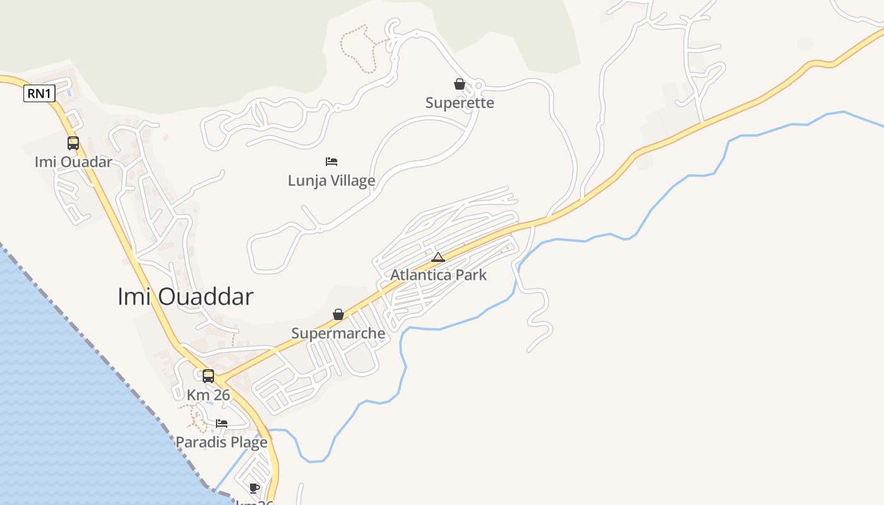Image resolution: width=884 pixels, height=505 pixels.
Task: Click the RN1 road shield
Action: (40, 94)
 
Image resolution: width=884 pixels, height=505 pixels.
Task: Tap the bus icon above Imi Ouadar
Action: (73, 143)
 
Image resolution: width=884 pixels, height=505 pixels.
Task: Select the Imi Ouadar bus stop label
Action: (73, 162)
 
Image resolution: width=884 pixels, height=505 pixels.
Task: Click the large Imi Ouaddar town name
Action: (186, 296)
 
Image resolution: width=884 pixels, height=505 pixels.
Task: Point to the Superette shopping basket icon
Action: (460, 84)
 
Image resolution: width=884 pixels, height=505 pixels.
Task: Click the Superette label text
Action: (460, 103)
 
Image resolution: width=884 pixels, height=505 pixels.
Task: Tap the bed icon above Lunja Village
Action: (331, 162)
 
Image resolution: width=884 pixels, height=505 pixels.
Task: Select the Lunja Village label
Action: (331, 181)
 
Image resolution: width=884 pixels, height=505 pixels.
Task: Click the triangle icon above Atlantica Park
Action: (438, 257)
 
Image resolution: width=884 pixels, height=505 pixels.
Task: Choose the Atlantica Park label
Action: (438, 275)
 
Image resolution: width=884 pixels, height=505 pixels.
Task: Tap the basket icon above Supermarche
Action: (338, 314)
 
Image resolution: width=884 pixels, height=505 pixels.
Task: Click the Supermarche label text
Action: (338, 333)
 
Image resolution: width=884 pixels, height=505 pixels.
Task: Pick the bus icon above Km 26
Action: (208, 376)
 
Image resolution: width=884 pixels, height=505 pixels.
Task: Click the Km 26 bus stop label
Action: (208, 395)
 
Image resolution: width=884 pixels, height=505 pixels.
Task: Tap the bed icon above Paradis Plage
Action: (222, 423)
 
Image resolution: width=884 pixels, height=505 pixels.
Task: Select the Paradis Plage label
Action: (222, 442)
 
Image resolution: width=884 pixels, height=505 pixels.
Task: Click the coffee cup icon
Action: (254, 488)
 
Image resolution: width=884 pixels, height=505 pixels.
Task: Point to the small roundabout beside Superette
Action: (479, 85)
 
